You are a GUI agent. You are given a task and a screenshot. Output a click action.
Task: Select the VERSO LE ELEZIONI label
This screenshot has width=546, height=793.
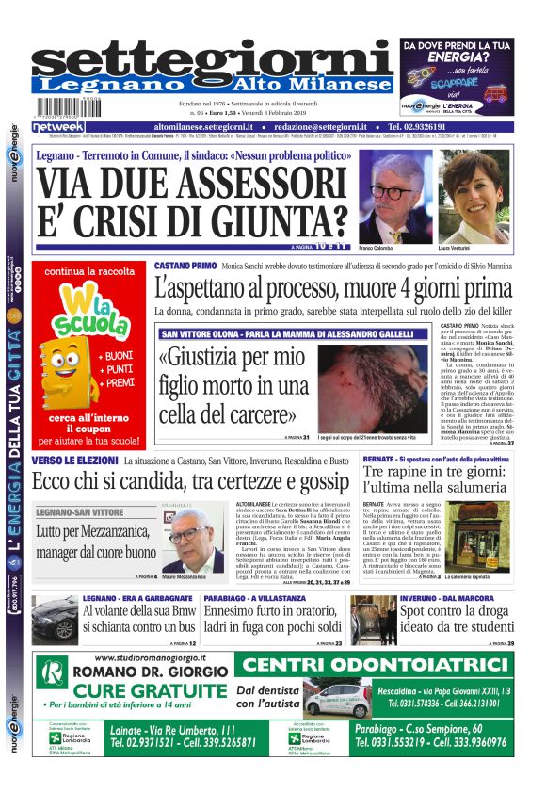point(73,460)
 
